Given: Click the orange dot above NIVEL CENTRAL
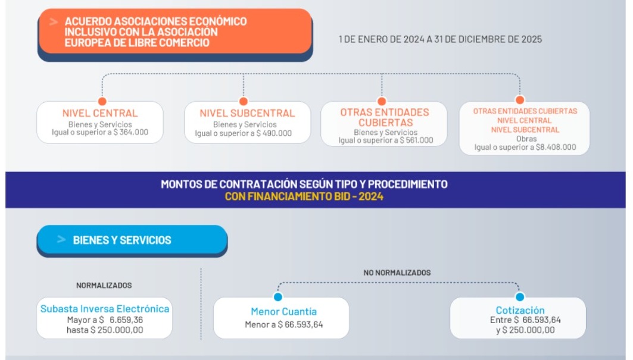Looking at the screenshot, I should coord(102,101).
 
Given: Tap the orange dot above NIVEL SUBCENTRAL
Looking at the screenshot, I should coord(243,101).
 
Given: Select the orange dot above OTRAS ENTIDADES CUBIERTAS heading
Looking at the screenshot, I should coord(381,101).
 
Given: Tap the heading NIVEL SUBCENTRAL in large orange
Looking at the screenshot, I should coord(247,113).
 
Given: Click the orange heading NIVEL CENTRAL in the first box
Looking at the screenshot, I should coord(100,113).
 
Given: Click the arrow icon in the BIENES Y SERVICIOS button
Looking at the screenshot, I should coord(61,240).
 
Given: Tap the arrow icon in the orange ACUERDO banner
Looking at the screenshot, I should coord(54,21).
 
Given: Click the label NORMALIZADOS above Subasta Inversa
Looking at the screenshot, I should coord(104,286).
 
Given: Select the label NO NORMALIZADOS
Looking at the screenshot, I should coord(397,273).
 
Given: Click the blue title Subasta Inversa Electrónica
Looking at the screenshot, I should coord(105,309).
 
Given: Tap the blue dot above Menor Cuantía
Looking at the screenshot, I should coord(277,296).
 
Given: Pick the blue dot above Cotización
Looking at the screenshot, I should coord(519,296).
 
